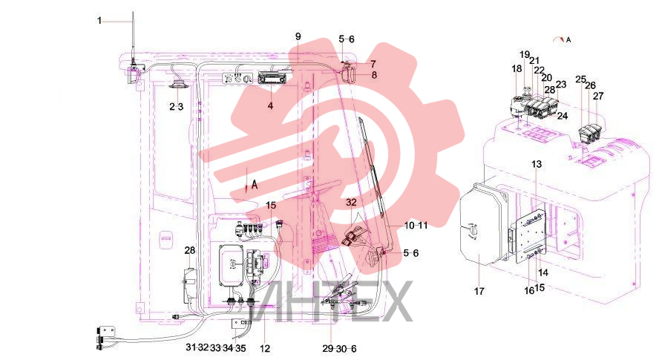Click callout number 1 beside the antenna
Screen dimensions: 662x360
(99, 21)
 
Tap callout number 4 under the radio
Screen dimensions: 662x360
(270, 105)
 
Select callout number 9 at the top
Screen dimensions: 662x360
(298, 36)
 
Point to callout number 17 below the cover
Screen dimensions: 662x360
(479, 291)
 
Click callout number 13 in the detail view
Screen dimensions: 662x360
(536, 164)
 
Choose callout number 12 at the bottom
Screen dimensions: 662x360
(265, 349)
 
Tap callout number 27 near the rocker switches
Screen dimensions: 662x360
(598, 96)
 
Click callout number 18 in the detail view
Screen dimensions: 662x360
(517, 69)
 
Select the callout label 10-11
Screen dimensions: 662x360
(416, 226)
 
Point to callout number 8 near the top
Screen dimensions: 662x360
(374, 75)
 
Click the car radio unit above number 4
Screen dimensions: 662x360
(270, 78)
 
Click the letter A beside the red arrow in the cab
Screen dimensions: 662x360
(255, 184)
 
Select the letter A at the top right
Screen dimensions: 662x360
(568, 40)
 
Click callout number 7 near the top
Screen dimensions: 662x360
(373, 64)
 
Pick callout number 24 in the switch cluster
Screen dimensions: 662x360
(563, 116)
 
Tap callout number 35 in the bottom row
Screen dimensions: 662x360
(240, 348)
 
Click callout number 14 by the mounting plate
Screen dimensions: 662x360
(543, 272)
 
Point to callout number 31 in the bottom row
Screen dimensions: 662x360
(191, 347)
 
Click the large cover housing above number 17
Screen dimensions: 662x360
(482, 226)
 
